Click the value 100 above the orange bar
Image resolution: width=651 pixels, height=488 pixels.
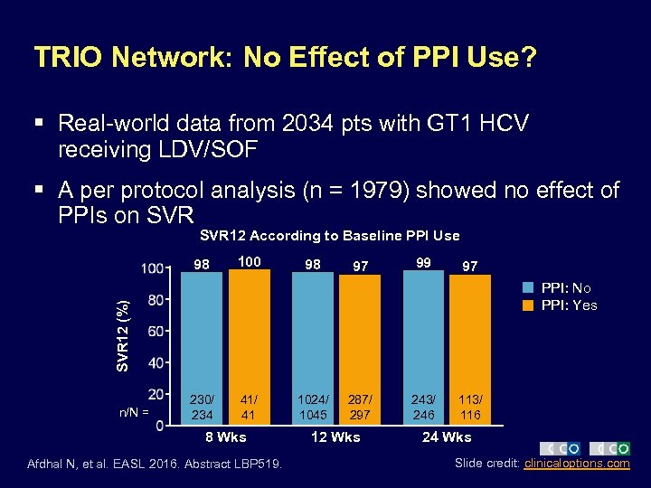(249, 262)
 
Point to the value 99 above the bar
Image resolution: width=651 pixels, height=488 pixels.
(423, 262)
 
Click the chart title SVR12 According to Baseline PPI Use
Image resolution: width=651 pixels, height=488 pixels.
(329, 236)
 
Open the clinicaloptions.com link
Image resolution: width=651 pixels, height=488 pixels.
(576, 464)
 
